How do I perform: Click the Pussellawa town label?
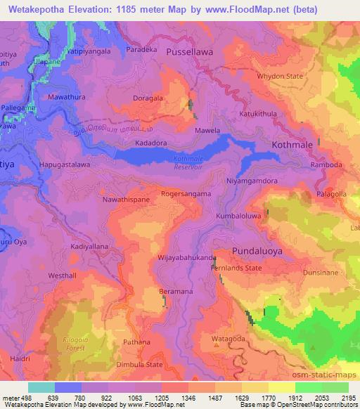tap(193, 52)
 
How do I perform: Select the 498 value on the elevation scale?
tap(20, 397)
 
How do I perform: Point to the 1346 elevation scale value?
tap(188, 397)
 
